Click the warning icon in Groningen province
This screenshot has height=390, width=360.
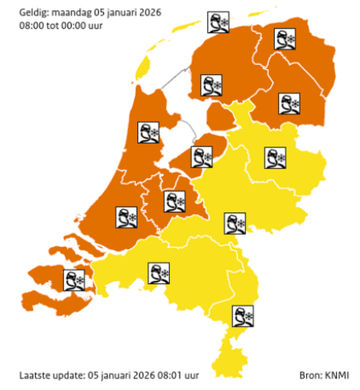click(286, 39)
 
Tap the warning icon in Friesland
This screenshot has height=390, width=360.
click(210, 85)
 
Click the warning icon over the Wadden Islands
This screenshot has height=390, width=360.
click(218, 23)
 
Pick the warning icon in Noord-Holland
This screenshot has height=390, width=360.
click(148, 133)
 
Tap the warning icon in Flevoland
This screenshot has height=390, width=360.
click(201, 157)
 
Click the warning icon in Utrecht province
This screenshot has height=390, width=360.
click(175, 202)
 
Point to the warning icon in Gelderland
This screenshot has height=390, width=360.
click(235, 223)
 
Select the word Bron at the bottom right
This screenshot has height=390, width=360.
click(310, 376)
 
